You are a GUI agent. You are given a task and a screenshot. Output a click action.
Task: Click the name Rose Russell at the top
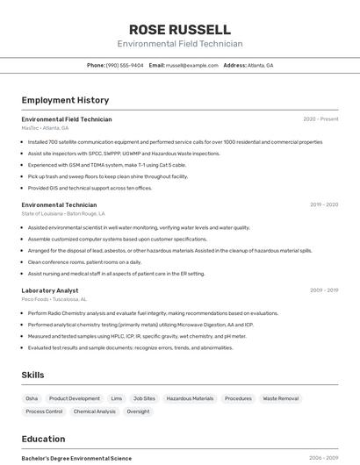(x=180, y=29)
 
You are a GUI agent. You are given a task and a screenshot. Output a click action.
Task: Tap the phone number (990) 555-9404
(x=125, y=65)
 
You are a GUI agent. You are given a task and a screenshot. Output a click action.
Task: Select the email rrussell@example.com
(x=192, y=65)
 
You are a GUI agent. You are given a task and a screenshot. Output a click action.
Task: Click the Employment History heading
(x=65, y=100)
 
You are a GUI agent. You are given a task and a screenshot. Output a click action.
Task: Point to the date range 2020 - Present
(x=320, y=118)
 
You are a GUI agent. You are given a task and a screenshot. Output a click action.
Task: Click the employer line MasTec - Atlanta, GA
(x=45, y=128)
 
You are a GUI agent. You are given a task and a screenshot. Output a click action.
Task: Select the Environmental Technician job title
(x=59, y=204)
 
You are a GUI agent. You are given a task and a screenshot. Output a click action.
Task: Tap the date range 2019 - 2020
(x=324, y=204)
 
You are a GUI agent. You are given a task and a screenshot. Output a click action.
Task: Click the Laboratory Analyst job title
(x=50, y=290)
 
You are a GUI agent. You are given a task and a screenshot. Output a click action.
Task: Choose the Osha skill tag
(x=32, y=398)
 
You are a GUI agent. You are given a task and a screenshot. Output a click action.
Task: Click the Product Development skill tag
(x=74, y=398)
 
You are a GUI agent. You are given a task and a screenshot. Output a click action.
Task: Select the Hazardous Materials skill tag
(x=190, y=398)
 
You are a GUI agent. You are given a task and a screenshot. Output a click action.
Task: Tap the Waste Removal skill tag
(x=281, y=398)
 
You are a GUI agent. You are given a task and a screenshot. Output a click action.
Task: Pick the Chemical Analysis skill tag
(x=94, y=411)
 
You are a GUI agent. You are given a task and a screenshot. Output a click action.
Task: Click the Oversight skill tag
(x=138, y=411)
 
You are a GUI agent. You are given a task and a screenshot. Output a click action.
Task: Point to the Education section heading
(x=43, y=439)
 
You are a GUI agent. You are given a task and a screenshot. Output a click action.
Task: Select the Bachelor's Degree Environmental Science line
(x=76, y=458)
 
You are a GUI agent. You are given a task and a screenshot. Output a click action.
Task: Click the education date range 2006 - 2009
(x=323, y=458)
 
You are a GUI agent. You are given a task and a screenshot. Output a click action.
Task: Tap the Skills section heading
(x=32, y=375)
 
